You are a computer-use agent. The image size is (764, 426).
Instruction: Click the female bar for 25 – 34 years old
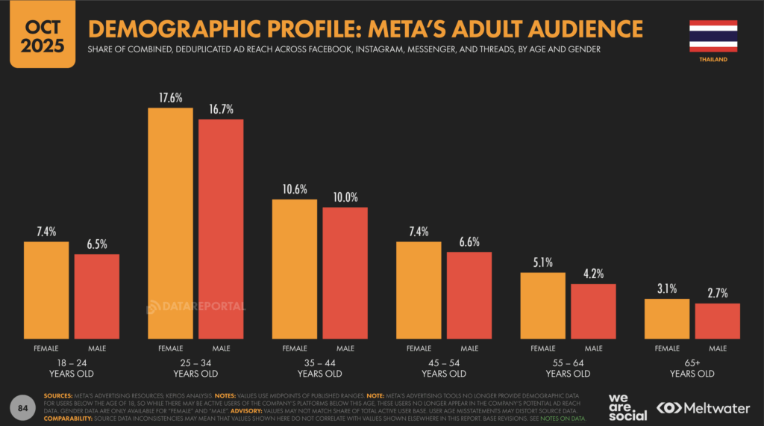point(171,223)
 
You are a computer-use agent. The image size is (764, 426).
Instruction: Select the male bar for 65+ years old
point(717,321)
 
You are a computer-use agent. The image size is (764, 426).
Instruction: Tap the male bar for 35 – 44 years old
point(345,273)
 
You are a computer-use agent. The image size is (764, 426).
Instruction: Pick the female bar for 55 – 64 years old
point(542,306)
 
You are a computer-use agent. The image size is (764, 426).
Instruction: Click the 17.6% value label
point(171,98)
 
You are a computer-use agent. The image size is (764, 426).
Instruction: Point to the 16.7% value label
point(221,109)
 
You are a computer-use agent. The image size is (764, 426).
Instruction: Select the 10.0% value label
point(345,197)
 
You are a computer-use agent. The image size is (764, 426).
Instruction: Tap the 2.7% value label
point(717,293)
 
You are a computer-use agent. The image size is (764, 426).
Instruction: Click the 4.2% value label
point(594,274)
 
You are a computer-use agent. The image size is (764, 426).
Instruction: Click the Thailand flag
point(713,35)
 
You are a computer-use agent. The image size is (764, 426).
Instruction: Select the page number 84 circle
point(23,407)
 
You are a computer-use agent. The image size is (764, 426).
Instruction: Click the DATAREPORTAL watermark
point(195,306)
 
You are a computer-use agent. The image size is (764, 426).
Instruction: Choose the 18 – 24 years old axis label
point(72,368)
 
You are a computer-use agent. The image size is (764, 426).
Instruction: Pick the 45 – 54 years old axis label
point(443,368)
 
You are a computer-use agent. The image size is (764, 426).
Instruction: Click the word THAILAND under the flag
point(713,59)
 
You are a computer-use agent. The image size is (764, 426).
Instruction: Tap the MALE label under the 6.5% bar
point(97,348)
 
